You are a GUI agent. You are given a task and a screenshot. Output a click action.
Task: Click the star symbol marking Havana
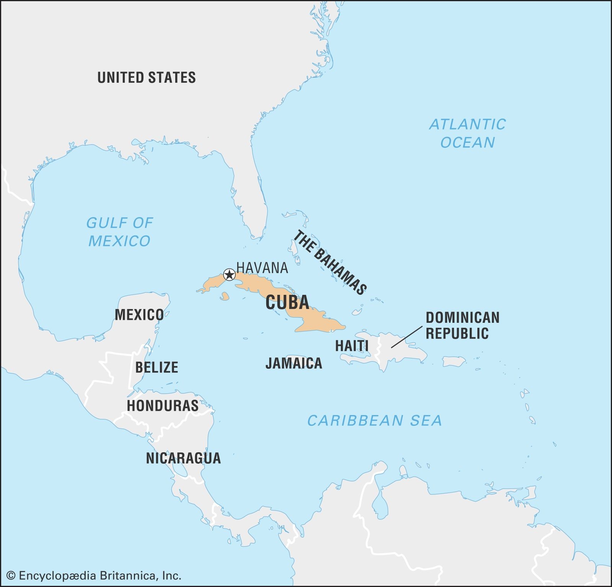(229, 275)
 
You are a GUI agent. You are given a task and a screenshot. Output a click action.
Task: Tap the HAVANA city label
(262, 268)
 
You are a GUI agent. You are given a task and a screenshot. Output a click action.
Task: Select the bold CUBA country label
(287, 302)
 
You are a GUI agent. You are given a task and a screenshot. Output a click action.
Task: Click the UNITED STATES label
(146, 77)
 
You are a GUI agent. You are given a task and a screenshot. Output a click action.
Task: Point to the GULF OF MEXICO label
(119, 232)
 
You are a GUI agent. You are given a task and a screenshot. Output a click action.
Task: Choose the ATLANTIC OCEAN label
(467, 133)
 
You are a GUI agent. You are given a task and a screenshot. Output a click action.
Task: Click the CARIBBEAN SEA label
(374, 421)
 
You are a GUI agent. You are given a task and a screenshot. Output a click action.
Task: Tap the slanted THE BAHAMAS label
(330, 262)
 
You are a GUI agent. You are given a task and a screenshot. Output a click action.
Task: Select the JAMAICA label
(294, 363)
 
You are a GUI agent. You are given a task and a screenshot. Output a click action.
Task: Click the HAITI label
(352, 346)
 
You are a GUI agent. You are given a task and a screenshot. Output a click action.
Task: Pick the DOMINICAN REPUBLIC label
(462, 325)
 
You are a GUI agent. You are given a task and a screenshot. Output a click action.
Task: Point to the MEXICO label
(139, 315)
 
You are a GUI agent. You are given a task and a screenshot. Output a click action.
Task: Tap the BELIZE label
(156, 367)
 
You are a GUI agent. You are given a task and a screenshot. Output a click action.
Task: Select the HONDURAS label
(163, 406)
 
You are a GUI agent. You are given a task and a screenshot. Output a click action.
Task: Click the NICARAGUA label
(183, 458)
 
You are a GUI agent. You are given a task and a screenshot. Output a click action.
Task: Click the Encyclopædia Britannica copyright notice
(94, 576)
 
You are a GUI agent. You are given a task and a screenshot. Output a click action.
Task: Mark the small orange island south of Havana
(225, 296)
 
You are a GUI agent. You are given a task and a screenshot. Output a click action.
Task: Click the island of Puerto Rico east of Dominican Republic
(454, 361)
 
